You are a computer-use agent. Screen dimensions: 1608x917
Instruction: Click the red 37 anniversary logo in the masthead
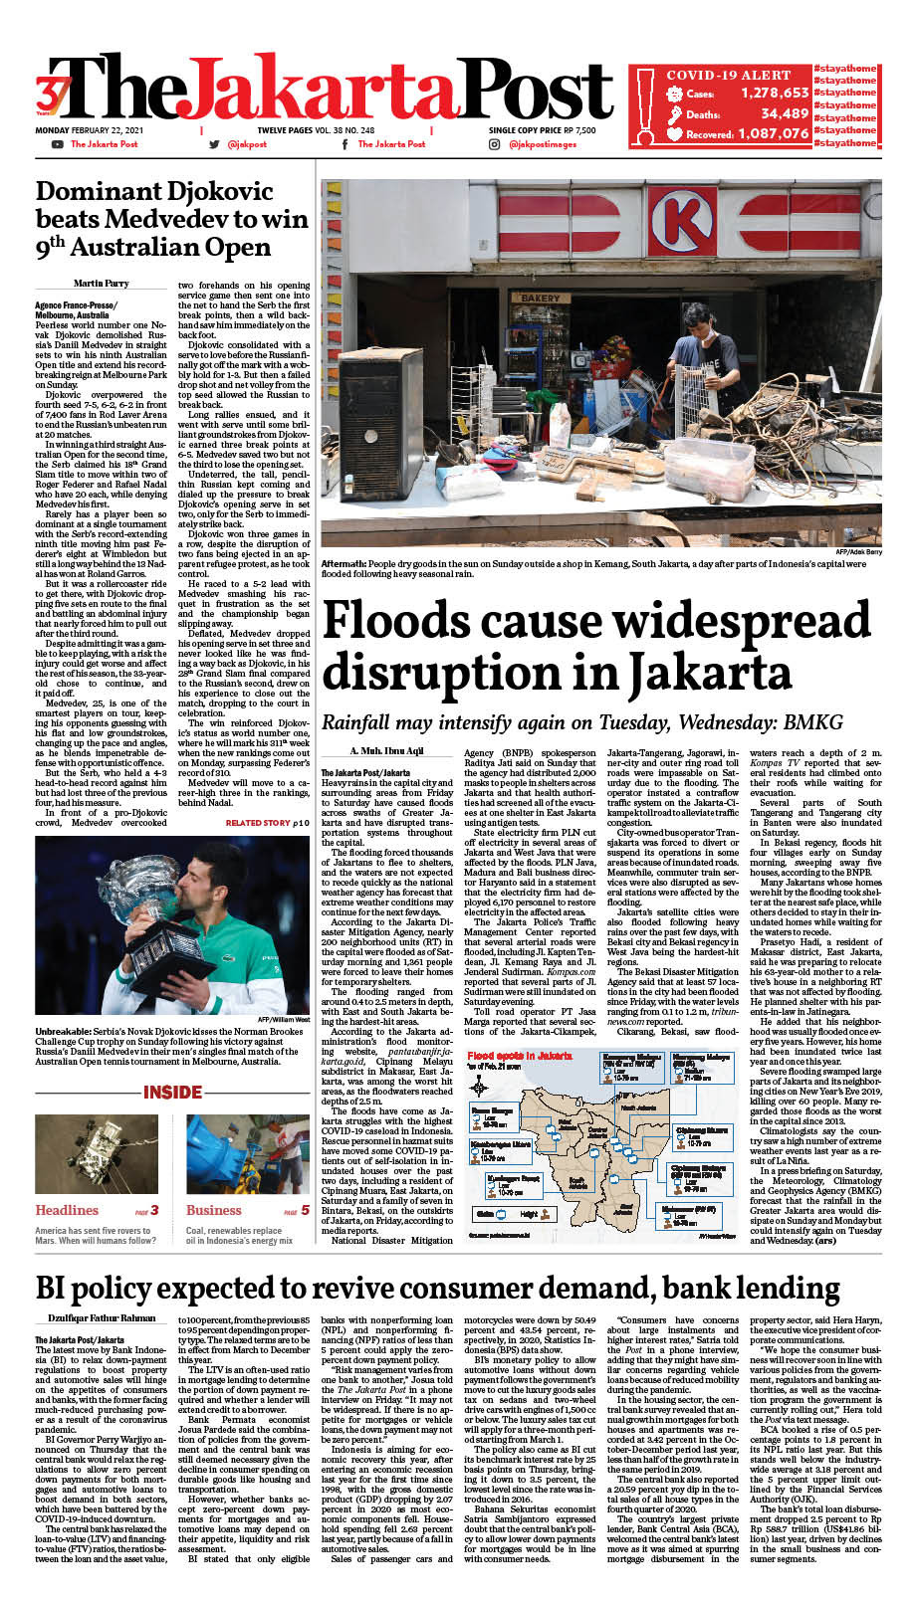pyautogui.click(x=50, y=97)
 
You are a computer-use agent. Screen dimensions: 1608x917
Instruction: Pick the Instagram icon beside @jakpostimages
pyautogui.click(x=494, y=144)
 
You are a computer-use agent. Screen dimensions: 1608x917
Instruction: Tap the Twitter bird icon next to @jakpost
pyautogui.click(x=213, y=144)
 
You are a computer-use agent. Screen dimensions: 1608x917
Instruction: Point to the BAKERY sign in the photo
pyautogui.click(x=542, y=298)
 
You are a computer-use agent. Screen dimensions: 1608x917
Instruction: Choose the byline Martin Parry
pyautogui.click(x=101, y=285)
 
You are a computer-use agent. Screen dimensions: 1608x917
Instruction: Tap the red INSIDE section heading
pyautogui.click(x=172, y=1092)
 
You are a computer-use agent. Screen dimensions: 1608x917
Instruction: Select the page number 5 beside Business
pyautogui.click(x=305, y=1210)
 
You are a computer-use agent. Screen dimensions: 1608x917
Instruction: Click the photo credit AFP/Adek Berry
pyautogui.click(x=858, y=551)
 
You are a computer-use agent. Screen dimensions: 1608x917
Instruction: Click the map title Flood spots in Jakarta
pyautogui.click(x=520, y=1056)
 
